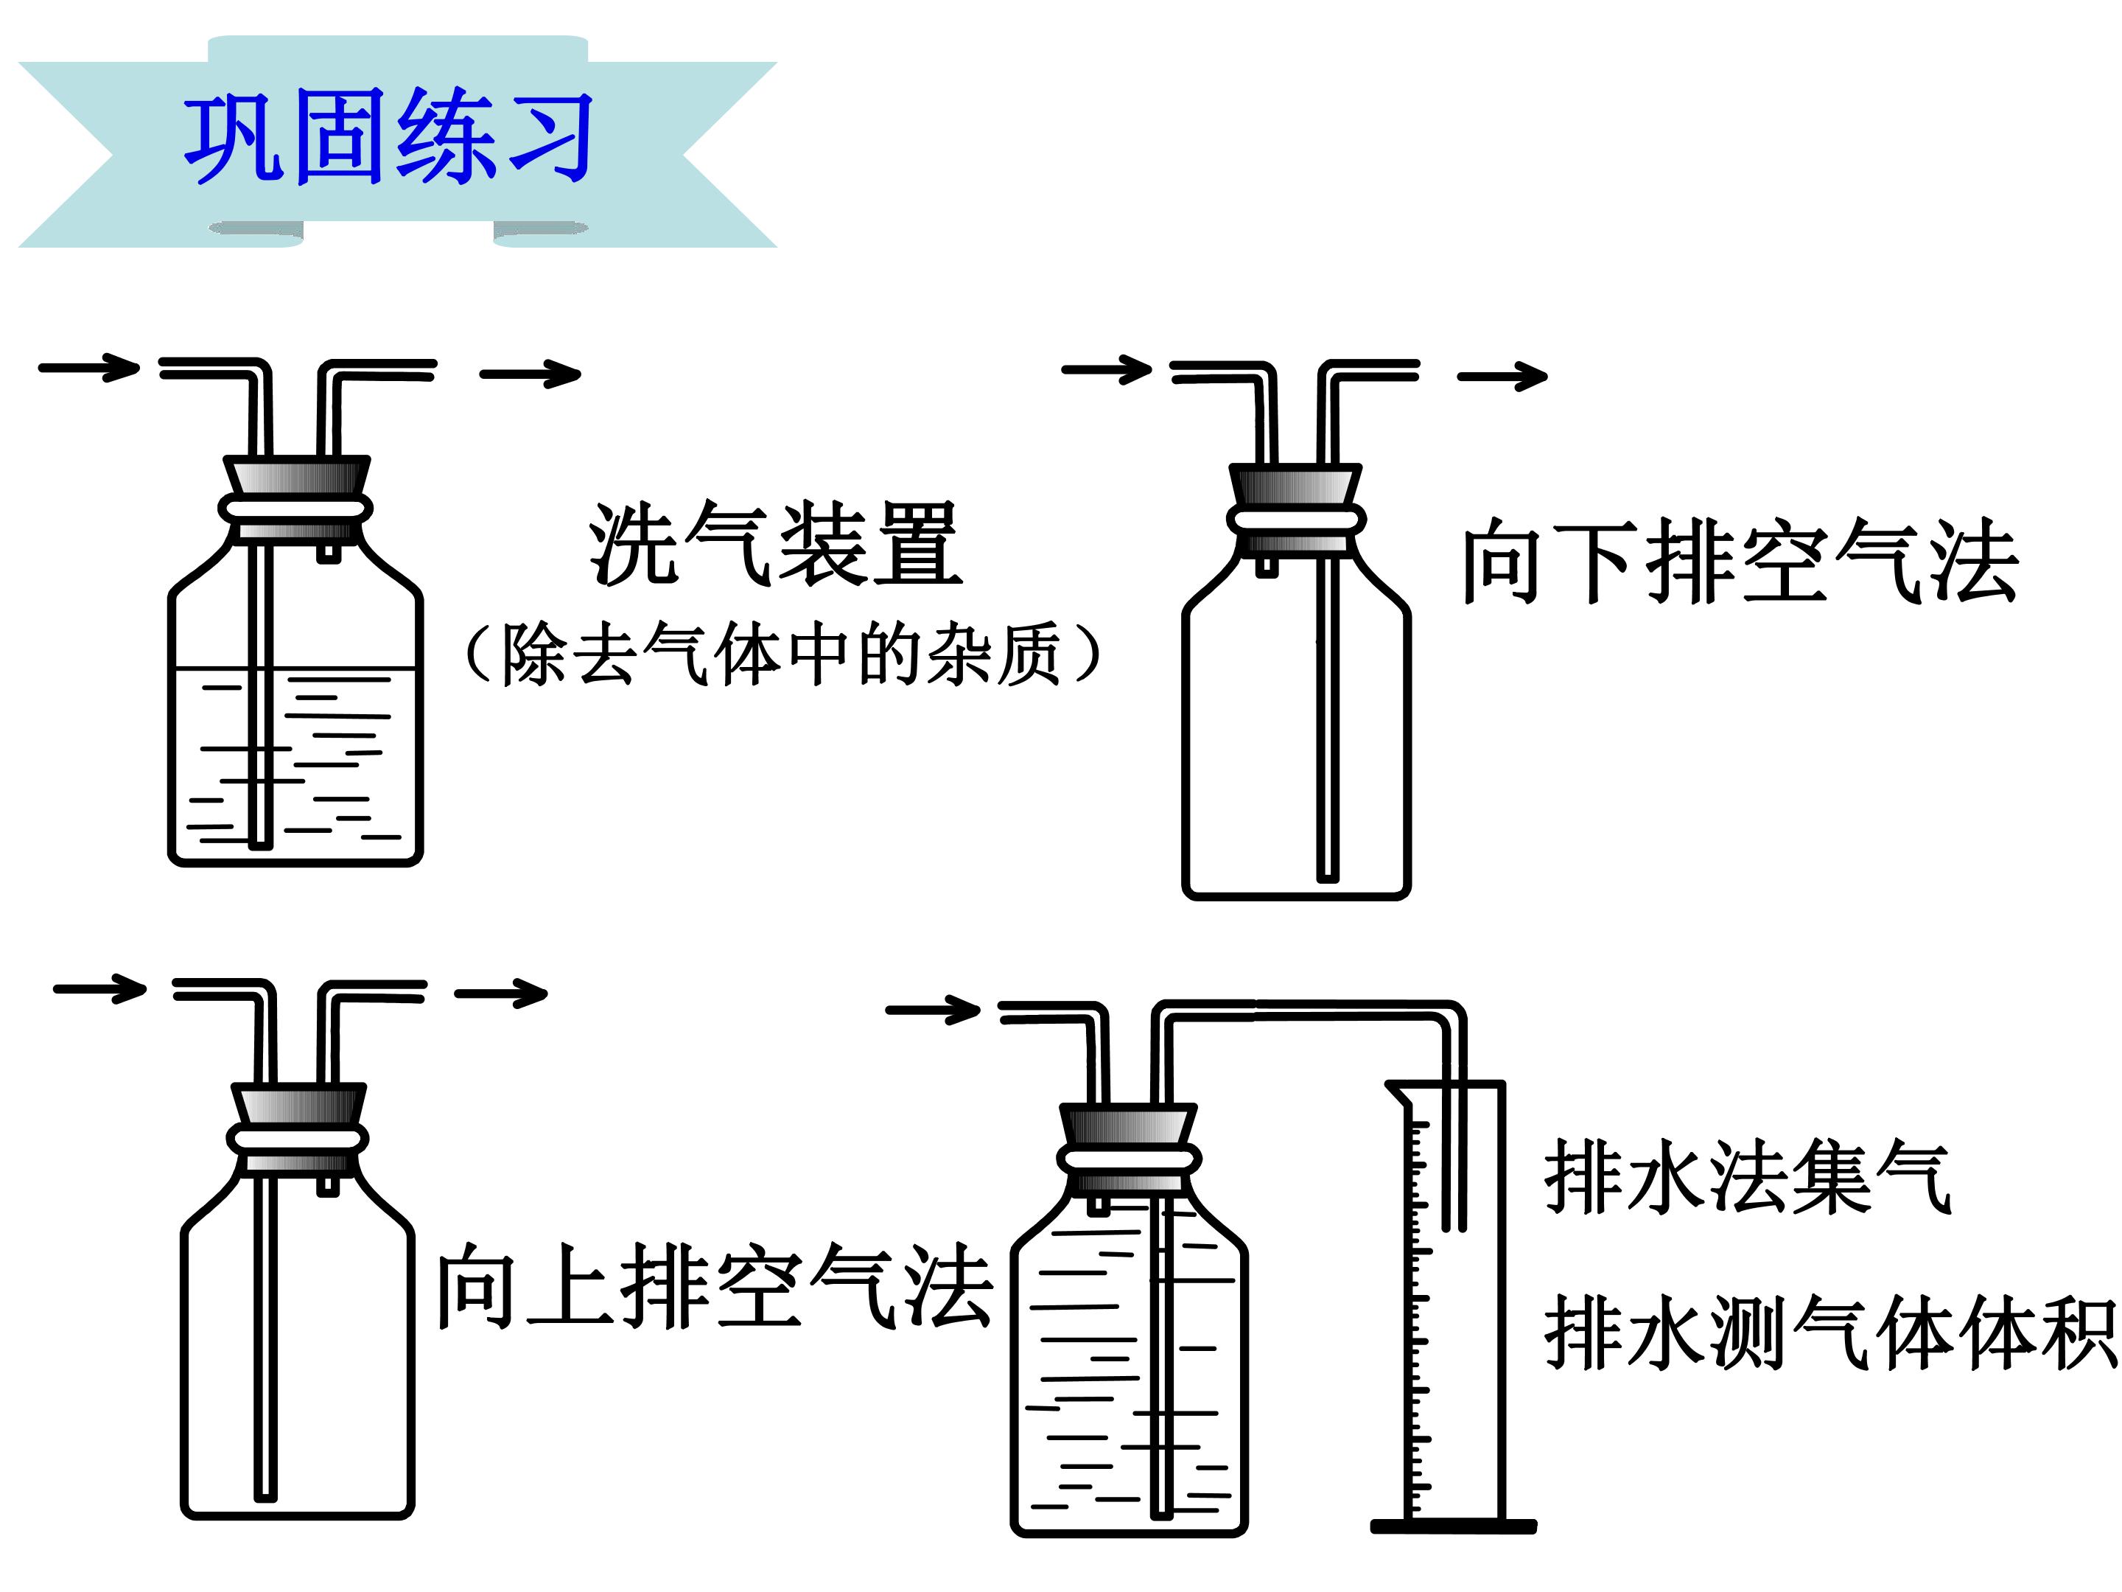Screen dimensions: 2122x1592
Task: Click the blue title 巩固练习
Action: [388, 136]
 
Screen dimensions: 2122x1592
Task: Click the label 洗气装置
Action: [775, 543]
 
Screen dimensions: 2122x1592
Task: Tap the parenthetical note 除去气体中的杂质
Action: [782, 654]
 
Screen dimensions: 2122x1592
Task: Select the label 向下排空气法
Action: [1740, 562]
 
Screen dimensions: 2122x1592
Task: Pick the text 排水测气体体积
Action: [1830, 1332]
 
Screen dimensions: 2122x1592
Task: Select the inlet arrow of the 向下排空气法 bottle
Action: [1107, 369]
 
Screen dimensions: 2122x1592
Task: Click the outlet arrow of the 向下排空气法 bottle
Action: [1502, 376]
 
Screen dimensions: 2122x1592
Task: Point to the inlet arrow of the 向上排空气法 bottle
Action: [99, 988]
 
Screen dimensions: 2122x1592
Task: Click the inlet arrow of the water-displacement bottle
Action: [933, 1010]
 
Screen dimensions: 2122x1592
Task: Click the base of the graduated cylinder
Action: [1454, 1526]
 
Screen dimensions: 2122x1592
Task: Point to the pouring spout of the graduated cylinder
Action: [1398, 1091]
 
